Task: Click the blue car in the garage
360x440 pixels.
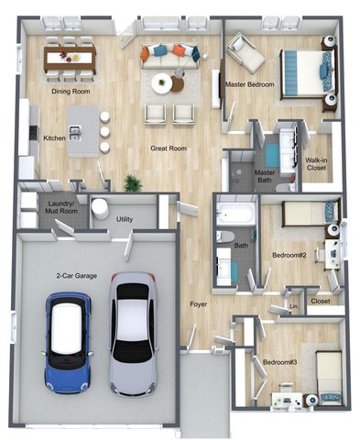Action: point(68,343)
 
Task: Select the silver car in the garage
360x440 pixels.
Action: point(133,335)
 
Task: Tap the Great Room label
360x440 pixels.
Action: point(169,148)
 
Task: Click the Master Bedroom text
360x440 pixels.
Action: point(249,84)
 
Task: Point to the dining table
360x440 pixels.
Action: point(70,59)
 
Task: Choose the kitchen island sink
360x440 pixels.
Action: point(74,134)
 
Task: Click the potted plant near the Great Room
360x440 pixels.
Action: point(133,183)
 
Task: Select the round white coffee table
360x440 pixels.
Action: point(162,83)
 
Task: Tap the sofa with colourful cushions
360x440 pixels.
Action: point(170,56)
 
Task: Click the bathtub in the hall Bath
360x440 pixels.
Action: point(235,214)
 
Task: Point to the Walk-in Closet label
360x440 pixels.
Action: point(316,164)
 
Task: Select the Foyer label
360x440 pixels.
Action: point(199,304)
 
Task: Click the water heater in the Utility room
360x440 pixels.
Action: point(100,209)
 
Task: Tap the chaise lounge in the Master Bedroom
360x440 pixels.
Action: point(245,53)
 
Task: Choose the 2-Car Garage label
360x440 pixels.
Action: point(77,276)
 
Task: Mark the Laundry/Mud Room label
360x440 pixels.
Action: point(61,207)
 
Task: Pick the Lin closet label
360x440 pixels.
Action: point(293,306)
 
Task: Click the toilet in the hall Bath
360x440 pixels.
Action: point(225,237)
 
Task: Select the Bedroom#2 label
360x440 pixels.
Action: point(289,255)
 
